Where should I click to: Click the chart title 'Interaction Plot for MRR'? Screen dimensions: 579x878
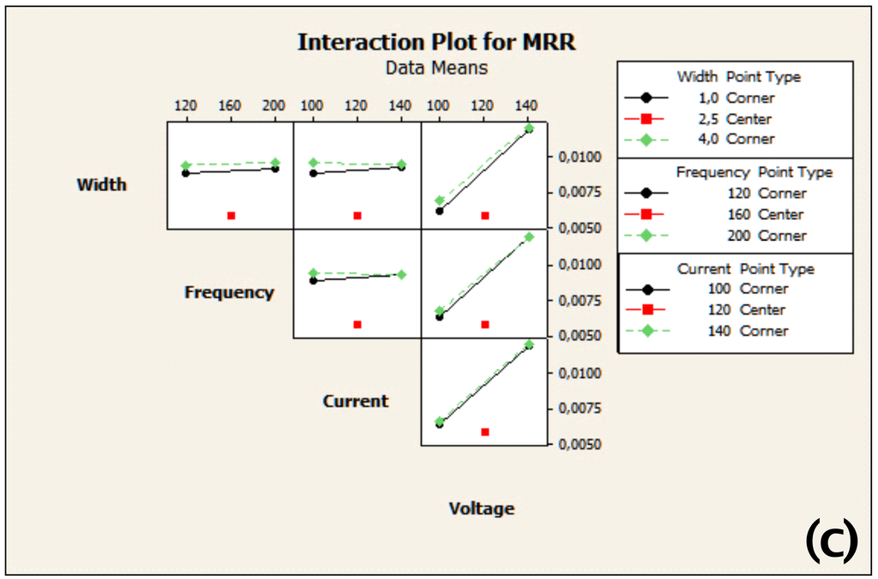click(436, 43)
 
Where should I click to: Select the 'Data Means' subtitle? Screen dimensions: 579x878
click(436, 67)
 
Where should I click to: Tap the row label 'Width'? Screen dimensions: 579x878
click(101, 184)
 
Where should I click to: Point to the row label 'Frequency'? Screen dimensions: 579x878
click(229, 292)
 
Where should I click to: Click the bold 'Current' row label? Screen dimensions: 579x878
click(355, 401)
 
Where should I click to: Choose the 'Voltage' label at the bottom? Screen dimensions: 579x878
click(482, 509)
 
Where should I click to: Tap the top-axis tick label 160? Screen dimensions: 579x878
click(230, 106)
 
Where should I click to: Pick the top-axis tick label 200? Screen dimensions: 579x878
click(274, 106)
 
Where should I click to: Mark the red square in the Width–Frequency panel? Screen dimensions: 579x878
click(231, 216)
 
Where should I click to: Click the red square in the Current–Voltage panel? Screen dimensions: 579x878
click(484, 433)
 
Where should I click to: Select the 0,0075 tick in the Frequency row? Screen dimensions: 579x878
click(578, 301)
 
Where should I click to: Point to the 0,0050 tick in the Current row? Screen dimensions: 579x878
click(578, 445)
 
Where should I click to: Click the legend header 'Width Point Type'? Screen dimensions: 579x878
click(738, 77)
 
